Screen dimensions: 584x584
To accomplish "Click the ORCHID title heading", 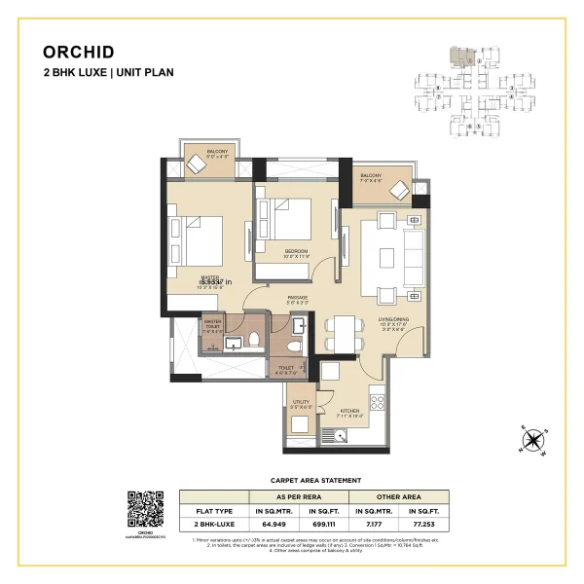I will (79, 53).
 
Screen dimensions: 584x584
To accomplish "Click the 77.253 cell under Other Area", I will (425, 524).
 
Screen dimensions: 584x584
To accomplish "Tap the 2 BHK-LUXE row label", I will (213, 524).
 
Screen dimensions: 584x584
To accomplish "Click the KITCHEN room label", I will (349, 411).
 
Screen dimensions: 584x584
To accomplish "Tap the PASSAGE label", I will (298, 297).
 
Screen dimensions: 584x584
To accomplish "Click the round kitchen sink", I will (342, 433).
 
